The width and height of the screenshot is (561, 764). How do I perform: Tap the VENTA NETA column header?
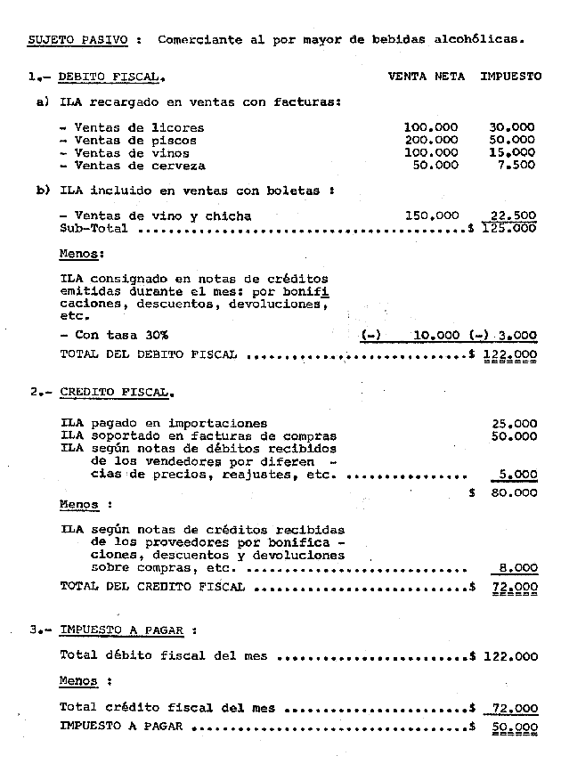click(x=426, y=77)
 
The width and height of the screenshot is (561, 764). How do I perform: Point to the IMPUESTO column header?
click(x=510, y=77)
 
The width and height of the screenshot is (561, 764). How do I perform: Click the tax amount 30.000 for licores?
click(x=512, y=128)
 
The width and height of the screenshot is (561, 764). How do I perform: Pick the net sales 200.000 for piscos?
click(x=431, y=141)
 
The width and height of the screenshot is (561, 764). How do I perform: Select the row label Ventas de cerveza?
click(x=139, y=166)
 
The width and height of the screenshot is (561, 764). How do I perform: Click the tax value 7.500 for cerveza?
click(x=516, y=166)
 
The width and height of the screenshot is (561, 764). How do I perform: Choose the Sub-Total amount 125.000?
click(x=511, y=228)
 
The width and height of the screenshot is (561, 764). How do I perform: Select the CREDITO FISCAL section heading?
click(x=117, y=392)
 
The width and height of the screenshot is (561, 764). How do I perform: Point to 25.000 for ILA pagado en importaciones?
click(x=514, y=423)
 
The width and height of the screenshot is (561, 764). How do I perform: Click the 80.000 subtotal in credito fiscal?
click(x=514, y=492)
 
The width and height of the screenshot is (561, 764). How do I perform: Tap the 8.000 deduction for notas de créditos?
click(x=517, y=566)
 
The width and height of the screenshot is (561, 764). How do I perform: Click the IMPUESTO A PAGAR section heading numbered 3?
click(x=122, y=630)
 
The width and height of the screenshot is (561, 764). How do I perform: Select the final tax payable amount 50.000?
click(x=514, y=727)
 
